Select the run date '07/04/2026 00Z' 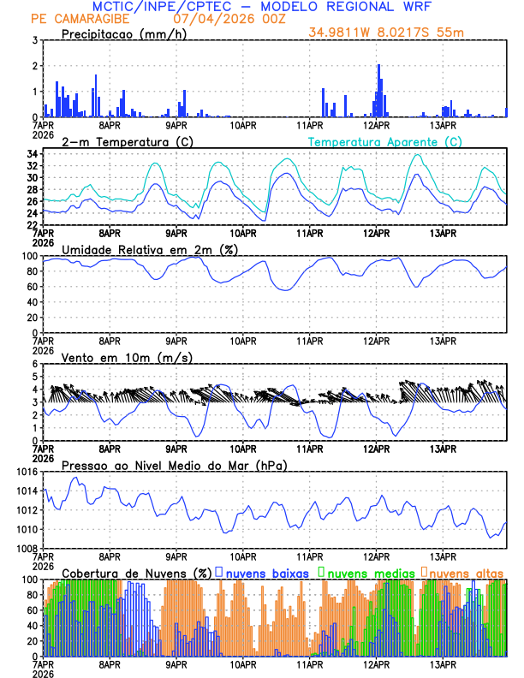click(219, 19)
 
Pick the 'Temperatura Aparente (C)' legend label click(385, 141)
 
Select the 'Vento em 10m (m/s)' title click(127, 357)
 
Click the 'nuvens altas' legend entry click(466, 573)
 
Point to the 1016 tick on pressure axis click(25, 472)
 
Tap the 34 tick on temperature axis click(30, 154)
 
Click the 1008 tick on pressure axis click(25, 548)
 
